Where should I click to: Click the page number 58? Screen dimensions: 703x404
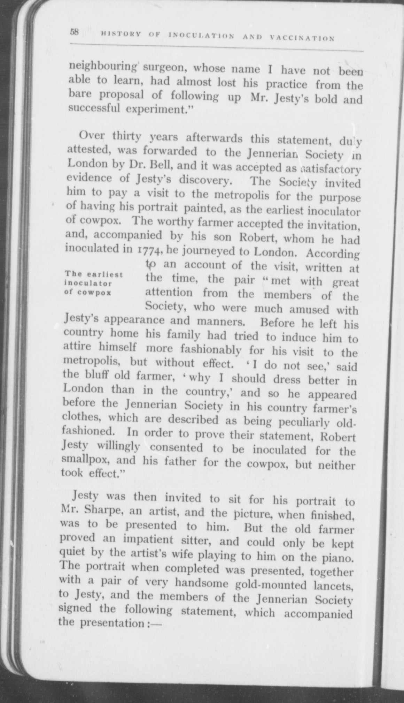pyautogui.click(x=75, y=32)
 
